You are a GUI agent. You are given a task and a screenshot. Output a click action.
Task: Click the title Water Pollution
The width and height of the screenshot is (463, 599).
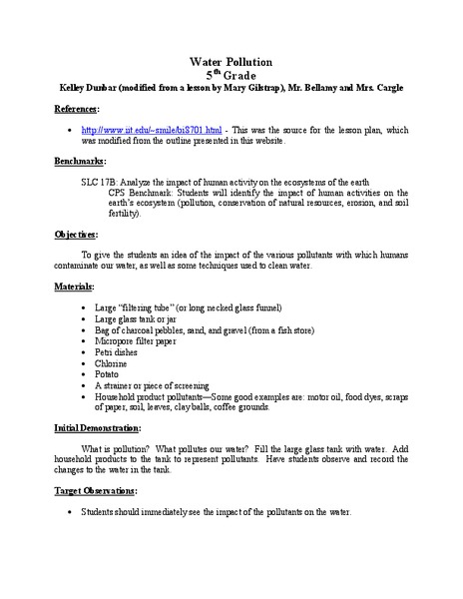point(231,62)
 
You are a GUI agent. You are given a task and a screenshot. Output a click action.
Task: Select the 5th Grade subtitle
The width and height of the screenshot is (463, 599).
point(231,75)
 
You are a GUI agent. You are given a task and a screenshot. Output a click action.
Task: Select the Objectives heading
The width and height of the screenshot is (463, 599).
point(76,235)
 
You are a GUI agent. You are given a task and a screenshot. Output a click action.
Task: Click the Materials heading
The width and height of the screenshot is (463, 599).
point(75,287)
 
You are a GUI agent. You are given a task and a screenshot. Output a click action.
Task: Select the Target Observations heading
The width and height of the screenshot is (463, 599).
point(98,492)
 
